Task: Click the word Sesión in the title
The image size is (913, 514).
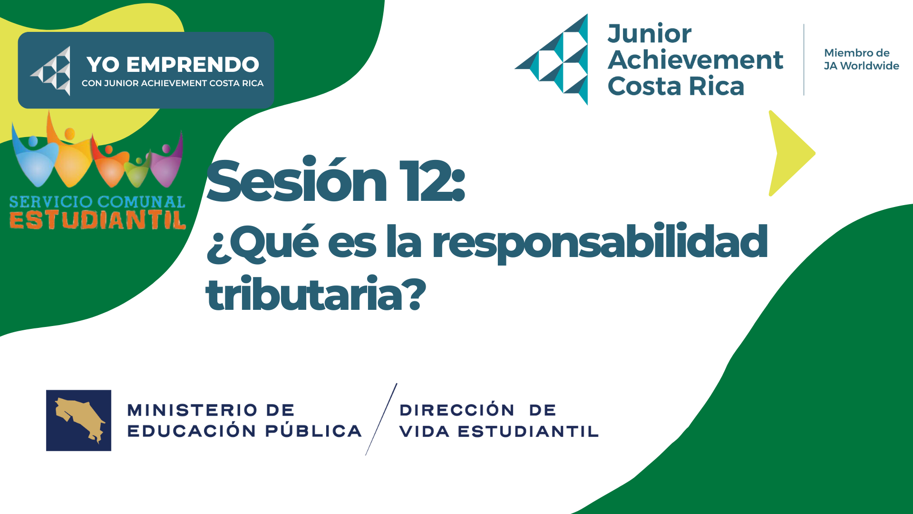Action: pyautogui.click(x=297, y=180)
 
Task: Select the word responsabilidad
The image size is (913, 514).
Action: pyautogui.click(x=600, y=243)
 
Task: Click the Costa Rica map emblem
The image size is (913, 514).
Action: pyautogui.click(x=78, y=420)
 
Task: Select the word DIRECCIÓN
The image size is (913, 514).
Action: pyautogui.click(x=457, y=409)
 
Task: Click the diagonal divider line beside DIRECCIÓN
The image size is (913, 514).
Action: pyautogui.click(x=381, y=419)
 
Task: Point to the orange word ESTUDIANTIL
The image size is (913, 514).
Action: pyautogui.click(x=97, y=220)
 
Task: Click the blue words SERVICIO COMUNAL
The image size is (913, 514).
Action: pyautogui.click(x=97, y=202)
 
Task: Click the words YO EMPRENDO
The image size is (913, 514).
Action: pyautogui.click(x=173, y=64)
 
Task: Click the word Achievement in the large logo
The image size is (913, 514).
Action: pyautogui.click(x=695, y=60)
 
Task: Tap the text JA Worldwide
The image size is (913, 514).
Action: pyautogui.click(x=861, y=66)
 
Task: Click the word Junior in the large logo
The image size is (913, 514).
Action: pyautogui.click(x=650, y=34)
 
